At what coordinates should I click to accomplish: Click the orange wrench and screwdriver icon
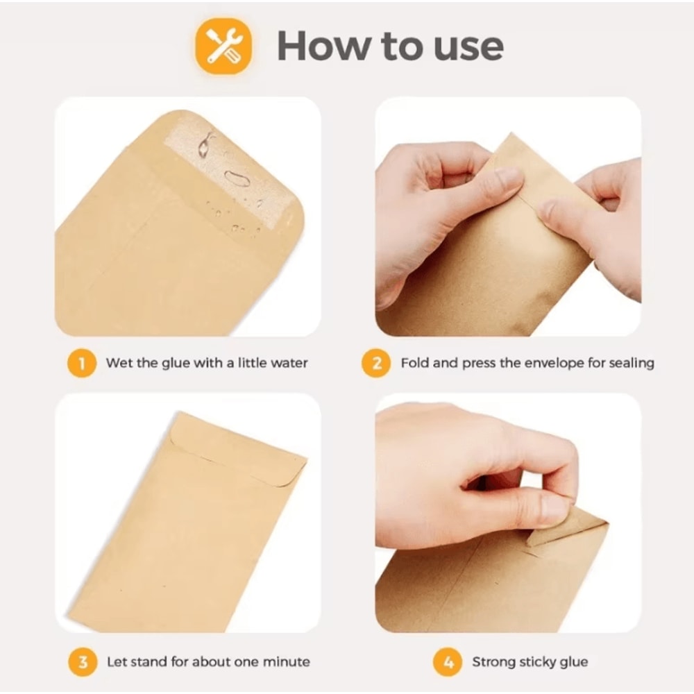pyautogui.click(x=223, y=46)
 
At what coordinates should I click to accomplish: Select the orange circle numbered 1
pyautogui.click(x=82, y=363)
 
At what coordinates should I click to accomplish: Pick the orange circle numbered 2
pyautogui.click(x=376, y=363)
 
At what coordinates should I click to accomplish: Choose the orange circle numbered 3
pyautogui.click(x=82, y=661)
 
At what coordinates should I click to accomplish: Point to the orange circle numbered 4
pyautogui.click(x=448, y=661)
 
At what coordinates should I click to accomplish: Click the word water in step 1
pyautogui.click(x=287, y=363)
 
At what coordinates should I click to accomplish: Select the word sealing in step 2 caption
pyautogui.click(x=631, y=363)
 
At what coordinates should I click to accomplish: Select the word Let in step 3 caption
pyautogui.click(x=117, y=661)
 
